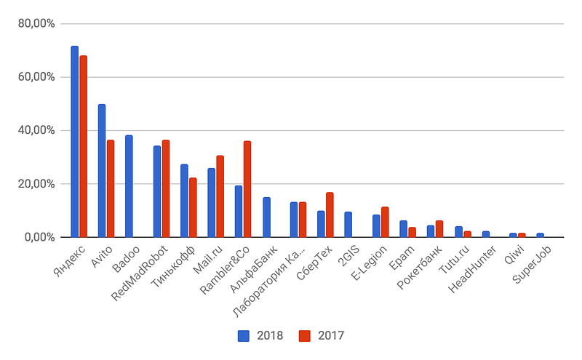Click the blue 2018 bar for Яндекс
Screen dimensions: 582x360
click(75, 141)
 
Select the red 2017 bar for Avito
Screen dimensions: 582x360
click(111, 188)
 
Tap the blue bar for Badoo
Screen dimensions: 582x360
click(129, 186)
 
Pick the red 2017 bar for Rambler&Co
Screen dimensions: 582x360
click(247, 189)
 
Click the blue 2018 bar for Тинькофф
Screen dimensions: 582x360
click(184, 201)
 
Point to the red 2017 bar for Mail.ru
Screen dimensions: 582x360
click(220, 196)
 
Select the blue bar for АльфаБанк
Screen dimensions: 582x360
click(266, 217)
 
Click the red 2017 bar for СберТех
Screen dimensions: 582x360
click(330, 215)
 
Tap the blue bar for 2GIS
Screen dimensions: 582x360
click(348, 225)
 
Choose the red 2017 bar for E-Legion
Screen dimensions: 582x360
click(385, 222)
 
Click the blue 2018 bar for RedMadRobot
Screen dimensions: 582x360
click(157, 191)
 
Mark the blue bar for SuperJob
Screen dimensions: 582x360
click(540, 235)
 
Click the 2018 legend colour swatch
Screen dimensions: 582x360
click(244, 336)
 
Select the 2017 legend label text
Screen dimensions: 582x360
click(331, 335)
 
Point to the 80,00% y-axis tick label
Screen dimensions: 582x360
click(36, 24)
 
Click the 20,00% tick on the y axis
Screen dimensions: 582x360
click(36, 184)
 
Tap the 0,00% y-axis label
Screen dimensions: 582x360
click(40, 237)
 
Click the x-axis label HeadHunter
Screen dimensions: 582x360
click(472, 268)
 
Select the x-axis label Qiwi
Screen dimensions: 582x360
click(514, 255)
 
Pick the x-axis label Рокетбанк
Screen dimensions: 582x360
click(420, 267)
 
